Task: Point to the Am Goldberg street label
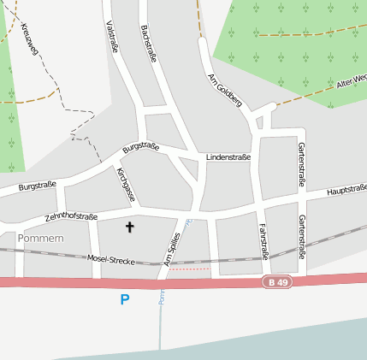pyautogui.click(x=225, y=90)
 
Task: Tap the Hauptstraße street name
pyautogui.click(x=346, y=189)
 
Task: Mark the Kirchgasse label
pyautogui.click(x=125, y=185)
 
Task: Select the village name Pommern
pyautogui.click(x=40, y=238)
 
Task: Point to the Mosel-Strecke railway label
pyautogui.click(x=111, y=258)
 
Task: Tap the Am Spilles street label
pyautogui.click(x=172, y=249)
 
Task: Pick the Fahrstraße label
pyautogui.click(x=263, y=240)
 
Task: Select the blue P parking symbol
pyautogui.click(x=125, y=299)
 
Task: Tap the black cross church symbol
pyautogui.click(x=130, y=227)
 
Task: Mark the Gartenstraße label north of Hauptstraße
pyautogui.click(x=301, y=164)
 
